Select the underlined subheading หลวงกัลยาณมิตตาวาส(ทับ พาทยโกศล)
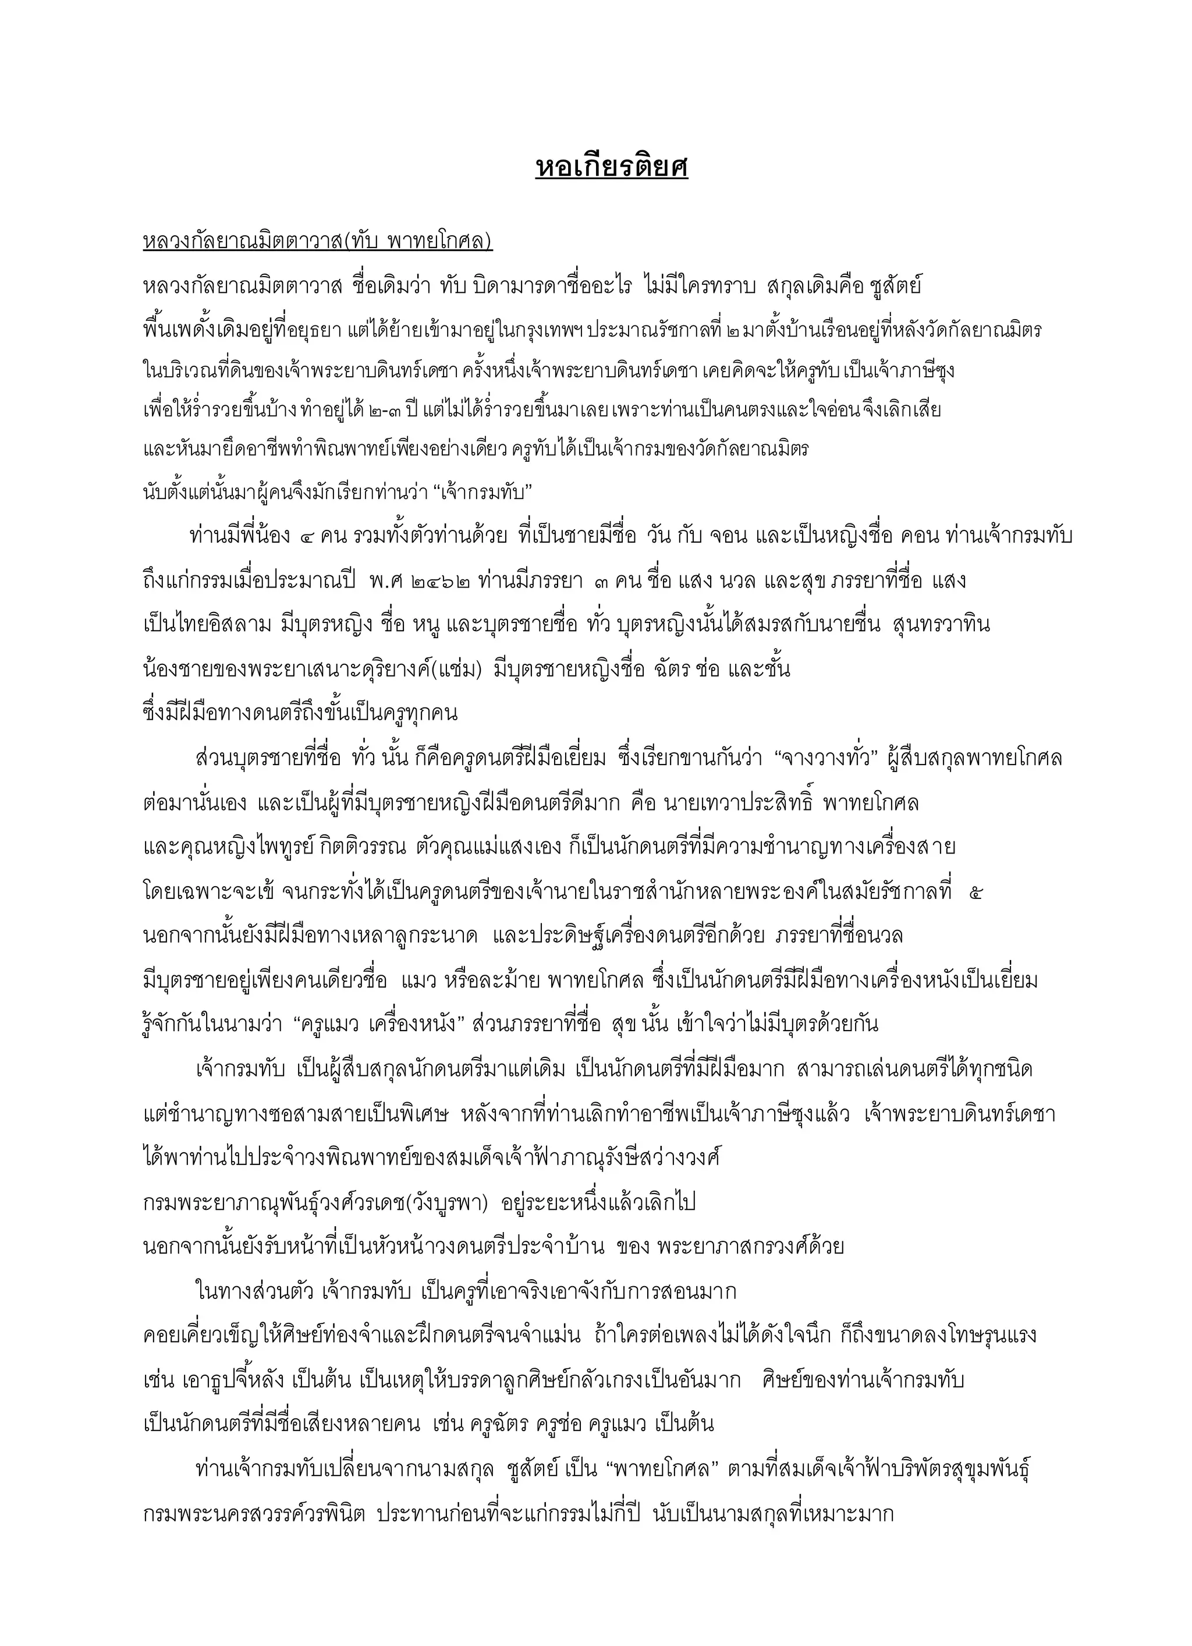(318, 242)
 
